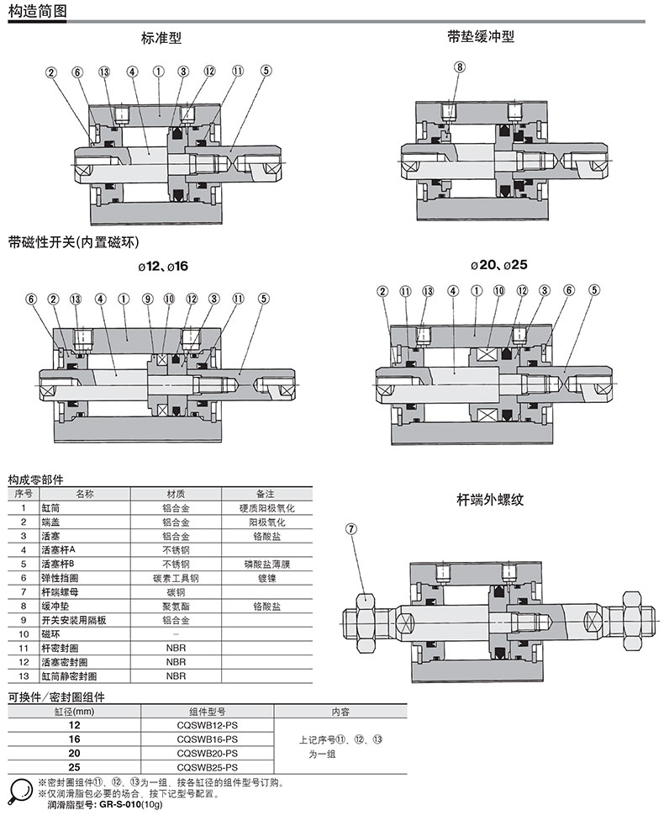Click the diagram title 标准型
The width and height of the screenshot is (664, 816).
(x=161, y=38)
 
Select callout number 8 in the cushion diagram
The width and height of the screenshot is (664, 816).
(x=459, y=66)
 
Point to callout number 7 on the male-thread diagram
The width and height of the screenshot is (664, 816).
(x=351, y=529)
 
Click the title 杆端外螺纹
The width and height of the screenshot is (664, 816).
(x=490, y=499)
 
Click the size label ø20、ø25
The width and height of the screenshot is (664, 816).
(x=499, y=264)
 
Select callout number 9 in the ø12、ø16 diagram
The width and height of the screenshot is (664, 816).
(x=147, y=299)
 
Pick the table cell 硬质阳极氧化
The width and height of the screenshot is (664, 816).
(x=266, y=508)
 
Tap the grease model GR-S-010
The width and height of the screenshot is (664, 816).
(x=119, y=805)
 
